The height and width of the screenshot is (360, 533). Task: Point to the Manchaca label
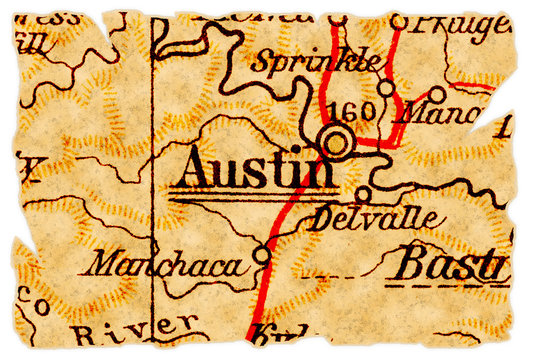(x=165, y=265)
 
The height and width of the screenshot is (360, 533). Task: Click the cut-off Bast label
(x=447, y=266)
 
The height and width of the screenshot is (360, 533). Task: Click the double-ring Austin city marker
(x=335, y=140)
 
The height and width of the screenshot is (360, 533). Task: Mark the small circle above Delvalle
(x=363, y=194)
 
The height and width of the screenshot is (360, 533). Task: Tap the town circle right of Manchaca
(x=262, y=256)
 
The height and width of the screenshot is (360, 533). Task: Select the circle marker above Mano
(x=437, y=94)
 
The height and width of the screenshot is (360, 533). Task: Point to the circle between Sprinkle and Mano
(x=385, y=86)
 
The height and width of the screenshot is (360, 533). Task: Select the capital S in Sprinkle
(x=262, y=59)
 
